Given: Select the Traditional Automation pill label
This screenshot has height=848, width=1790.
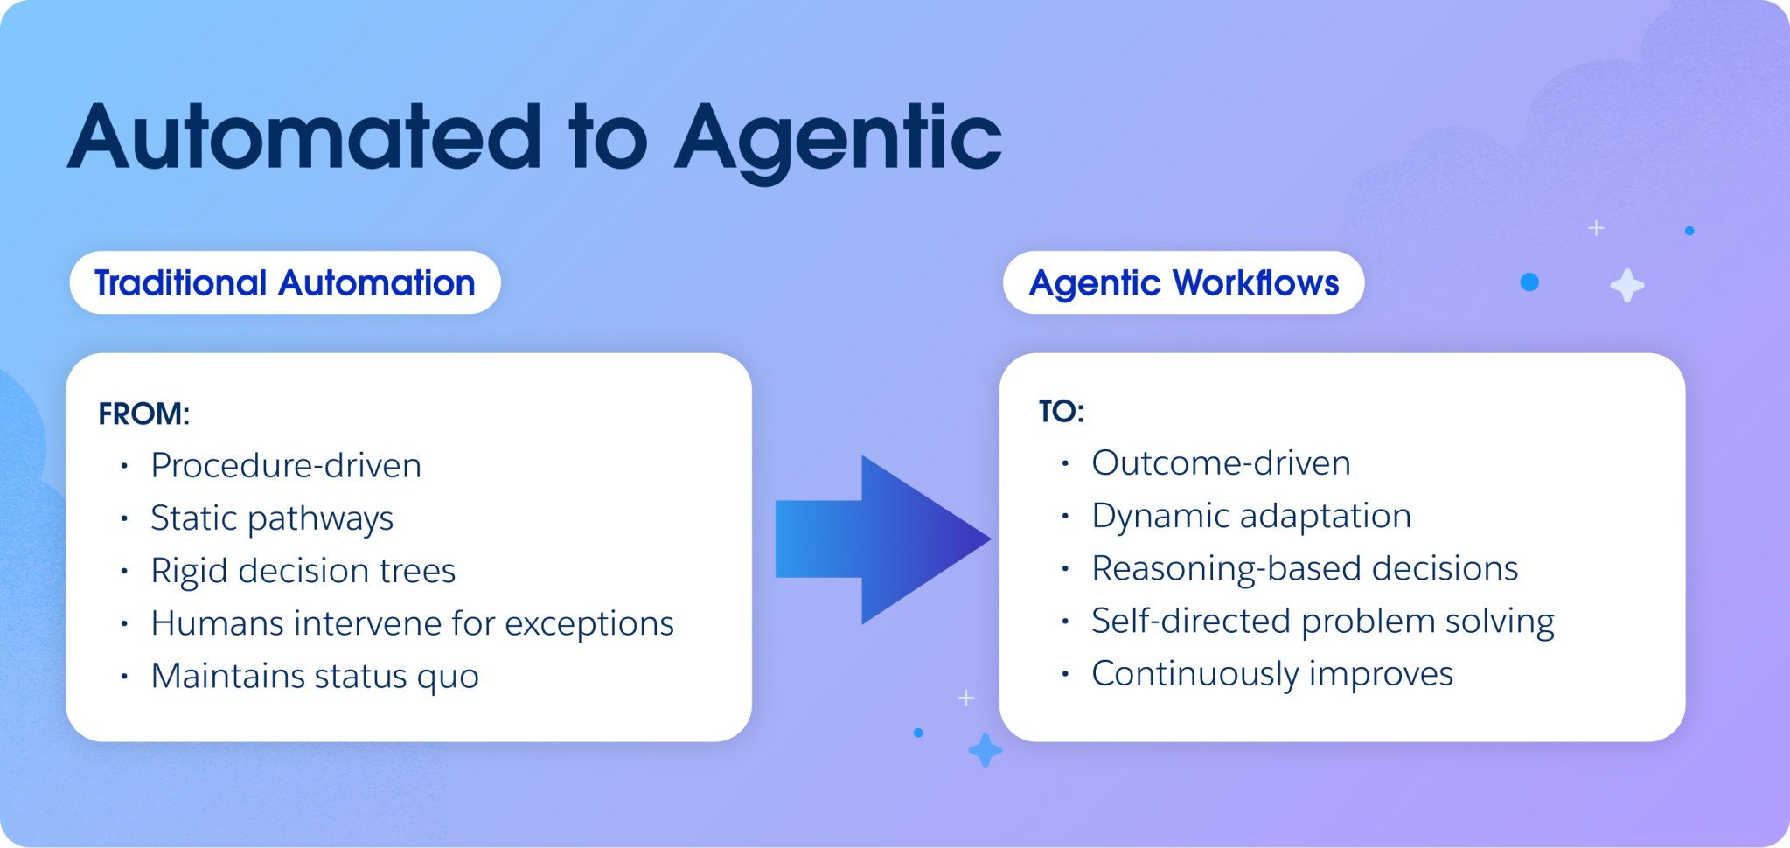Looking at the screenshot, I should [284, 283].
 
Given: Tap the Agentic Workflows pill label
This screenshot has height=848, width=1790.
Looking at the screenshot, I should [1183, 283].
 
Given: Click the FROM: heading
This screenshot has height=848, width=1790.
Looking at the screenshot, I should [143, 414].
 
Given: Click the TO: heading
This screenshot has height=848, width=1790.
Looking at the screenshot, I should [1061, 411].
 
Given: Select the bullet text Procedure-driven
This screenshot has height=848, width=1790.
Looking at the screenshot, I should [285, 465].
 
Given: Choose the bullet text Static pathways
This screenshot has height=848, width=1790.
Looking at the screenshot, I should [271, 518].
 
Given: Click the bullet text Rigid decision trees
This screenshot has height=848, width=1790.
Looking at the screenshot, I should [303, 571].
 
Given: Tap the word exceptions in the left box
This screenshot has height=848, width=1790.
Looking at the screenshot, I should [589, 623].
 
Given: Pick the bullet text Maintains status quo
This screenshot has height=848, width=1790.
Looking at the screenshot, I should [314, 676].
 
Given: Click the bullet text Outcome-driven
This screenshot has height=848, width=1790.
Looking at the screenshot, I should [1221, 463].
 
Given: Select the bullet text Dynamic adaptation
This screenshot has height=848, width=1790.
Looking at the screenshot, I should [1250, 516].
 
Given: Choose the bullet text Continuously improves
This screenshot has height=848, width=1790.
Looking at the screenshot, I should [1271, 674].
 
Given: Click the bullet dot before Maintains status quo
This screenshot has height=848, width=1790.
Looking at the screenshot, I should [124, 677].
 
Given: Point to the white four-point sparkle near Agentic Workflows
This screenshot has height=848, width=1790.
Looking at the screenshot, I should [1626, 286].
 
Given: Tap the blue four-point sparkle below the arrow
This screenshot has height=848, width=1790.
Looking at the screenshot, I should [985, 750].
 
